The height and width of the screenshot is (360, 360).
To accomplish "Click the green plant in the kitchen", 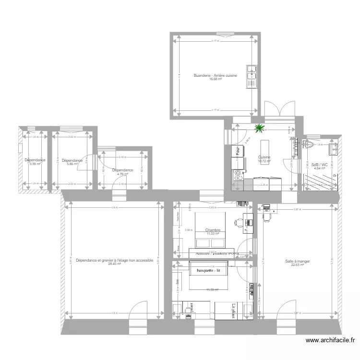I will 260,128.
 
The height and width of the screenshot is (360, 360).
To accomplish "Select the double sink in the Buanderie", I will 252,77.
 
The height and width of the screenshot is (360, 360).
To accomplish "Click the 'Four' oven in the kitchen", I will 237,151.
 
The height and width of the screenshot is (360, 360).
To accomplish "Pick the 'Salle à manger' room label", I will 297,262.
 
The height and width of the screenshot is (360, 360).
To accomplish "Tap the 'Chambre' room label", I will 212,230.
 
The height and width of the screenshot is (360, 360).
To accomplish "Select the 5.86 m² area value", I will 72,164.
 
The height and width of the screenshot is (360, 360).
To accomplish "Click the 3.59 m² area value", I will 35,164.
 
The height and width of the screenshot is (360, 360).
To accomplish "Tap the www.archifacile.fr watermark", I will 330,341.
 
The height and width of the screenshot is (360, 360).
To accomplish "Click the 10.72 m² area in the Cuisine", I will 264,161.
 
